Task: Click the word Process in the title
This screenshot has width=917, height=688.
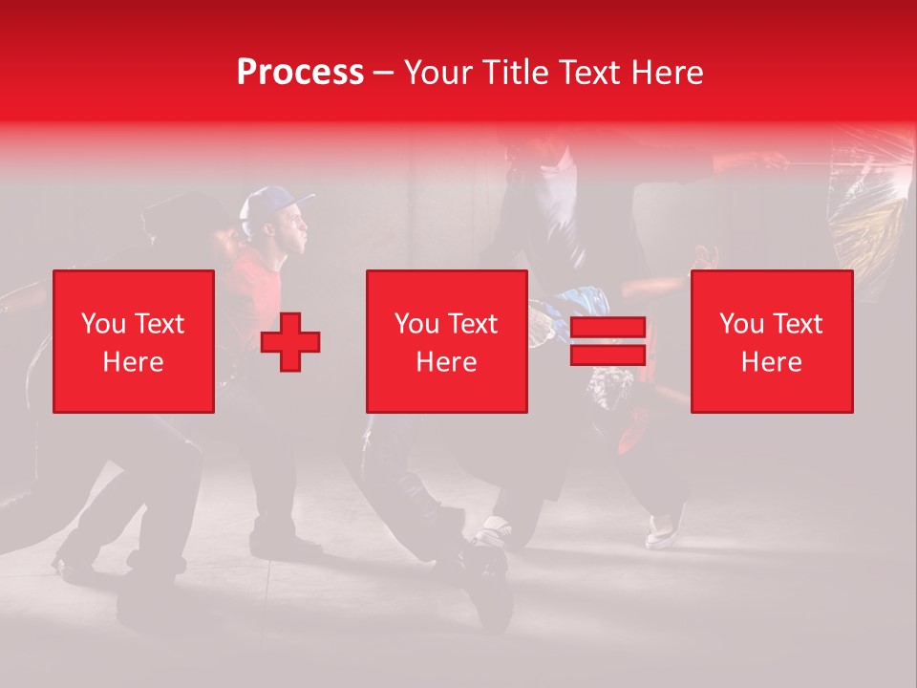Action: (x=300, y=73)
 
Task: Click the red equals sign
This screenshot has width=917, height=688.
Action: (x=608, y=341)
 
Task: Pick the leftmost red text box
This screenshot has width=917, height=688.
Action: (x=133, y=341)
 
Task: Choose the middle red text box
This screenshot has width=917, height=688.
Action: (x=446, y=341)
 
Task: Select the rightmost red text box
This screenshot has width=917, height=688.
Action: (x=771, y=341)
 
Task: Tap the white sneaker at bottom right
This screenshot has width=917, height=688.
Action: (x=661, y=530)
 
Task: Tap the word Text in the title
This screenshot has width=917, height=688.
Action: (x=590, y=73)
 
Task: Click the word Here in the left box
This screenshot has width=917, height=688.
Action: (x=133, y=362)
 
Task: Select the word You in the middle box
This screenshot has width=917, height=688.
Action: (x=416, y=324)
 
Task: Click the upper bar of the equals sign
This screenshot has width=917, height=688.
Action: (x=608, y=328)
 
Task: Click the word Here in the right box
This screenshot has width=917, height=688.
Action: (x=771, y=362)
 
